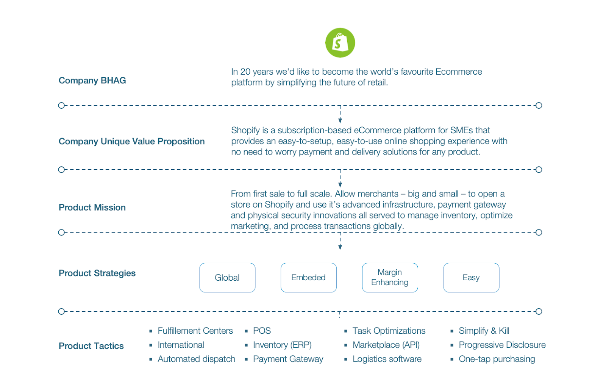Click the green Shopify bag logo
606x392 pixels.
(340, 43)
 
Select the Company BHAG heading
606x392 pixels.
(92, 81)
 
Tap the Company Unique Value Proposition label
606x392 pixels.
(131, 142)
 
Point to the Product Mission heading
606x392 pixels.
(92, 208)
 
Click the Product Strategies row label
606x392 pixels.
(97, 273)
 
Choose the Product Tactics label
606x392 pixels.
(91, 346)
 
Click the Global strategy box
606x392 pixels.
(227, 278)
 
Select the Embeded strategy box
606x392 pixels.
(308, 278)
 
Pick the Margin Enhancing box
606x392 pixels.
(390, 278)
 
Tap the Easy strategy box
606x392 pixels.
(471, 278)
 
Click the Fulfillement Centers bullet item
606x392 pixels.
(195, 331)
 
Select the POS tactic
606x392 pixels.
(262, 331)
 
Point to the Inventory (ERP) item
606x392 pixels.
(282, 345)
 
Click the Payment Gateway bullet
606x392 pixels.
(288, 359)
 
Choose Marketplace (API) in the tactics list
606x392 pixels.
(386, 345)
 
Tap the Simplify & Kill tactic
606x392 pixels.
(484, 331)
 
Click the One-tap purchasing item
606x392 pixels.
(497, 359)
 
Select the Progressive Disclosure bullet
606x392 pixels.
(502, 345)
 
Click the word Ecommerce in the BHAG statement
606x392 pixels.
(459, 72)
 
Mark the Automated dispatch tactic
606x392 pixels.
(196, 359)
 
